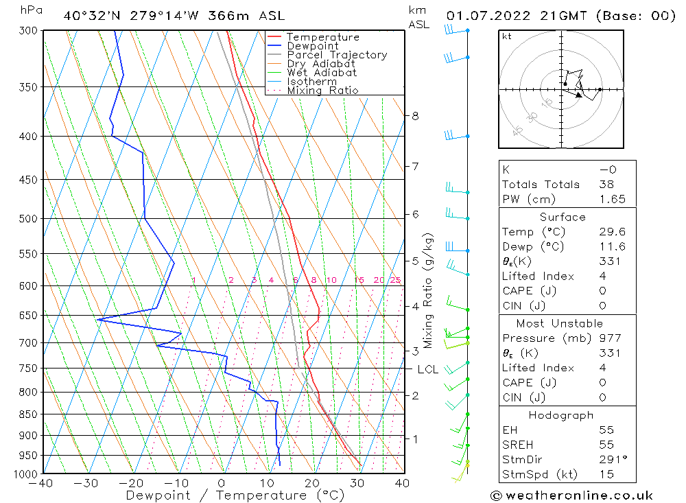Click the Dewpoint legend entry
pos(312,46)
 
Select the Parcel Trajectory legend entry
pos(337,55)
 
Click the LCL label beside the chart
pos(427,369)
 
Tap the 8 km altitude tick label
pos(415,116)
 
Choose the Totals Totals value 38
pos(606,184)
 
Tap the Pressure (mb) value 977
pos(610,338)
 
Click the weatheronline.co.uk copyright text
pos(571,495)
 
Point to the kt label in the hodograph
pos(507,36)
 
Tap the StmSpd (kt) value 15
pos(606,474)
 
